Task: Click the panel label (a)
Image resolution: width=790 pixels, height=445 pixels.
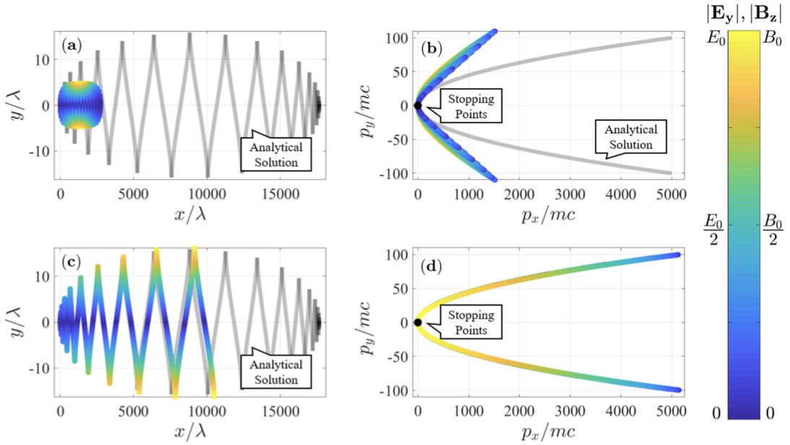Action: [x=72, y=46]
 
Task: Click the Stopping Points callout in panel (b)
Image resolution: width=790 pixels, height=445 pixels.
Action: [x=472, y=105]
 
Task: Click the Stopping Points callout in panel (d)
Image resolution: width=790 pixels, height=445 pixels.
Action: [x=472, y=322]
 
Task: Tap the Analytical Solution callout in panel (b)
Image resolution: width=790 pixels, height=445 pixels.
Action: [x=626, y=137]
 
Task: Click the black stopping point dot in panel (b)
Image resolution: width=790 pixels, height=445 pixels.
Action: [x=417, y=105]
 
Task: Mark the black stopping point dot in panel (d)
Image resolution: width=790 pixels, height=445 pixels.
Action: [x=417, y=322]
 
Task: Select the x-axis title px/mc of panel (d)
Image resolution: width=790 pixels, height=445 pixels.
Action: [x=544, y=431]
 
